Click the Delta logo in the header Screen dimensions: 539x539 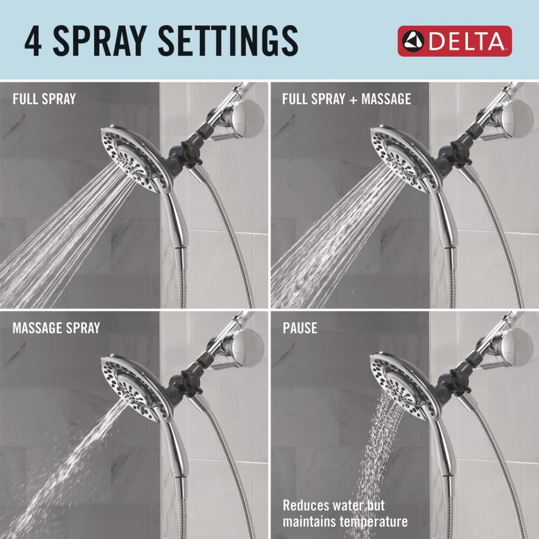point(454,41)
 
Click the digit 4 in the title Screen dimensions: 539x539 point(33,42)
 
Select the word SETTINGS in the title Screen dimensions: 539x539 point(228,42)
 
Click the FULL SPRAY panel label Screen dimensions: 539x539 point(44,99)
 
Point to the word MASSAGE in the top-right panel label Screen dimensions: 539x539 point(386,99)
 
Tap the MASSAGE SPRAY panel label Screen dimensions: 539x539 point(56,328)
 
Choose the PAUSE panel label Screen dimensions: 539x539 point(300,328)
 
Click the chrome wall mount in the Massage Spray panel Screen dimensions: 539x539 point(237,349)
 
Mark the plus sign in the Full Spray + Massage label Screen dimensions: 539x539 point(353,100)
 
